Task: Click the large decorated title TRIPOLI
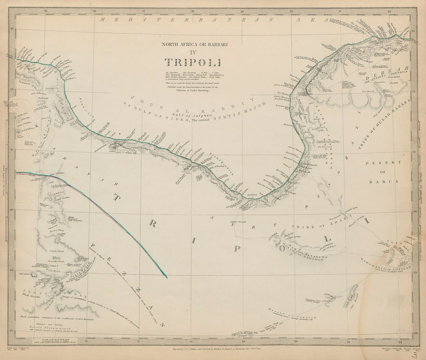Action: tap(192, 62)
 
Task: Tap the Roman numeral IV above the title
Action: tap(192, 52)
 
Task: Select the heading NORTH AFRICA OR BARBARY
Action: tap(195, 44)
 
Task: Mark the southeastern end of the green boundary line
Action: tap(167, 277)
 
